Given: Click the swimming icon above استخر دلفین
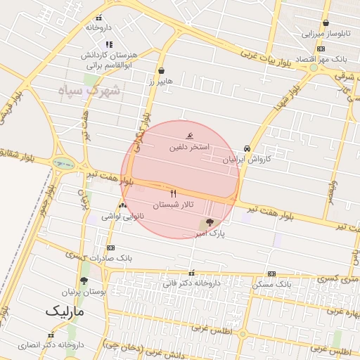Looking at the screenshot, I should tap(189, 136).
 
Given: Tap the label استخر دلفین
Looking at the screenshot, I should tap(189, 148).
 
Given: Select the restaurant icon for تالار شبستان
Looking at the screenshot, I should tap(174, 193).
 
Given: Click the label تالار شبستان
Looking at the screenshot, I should tap(173, 205).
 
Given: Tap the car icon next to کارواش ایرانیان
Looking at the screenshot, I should tap(247, 148).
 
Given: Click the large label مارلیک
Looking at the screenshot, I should tap(65, 310).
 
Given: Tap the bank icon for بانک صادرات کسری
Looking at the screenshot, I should tap(110, 247).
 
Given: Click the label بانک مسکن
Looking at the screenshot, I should tap(271, 284).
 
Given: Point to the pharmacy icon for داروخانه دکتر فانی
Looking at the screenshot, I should tap(191, 273).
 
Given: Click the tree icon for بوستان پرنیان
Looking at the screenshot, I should tap(84, 281).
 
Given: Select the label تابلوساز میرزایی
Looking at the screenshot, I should tap(325, 33).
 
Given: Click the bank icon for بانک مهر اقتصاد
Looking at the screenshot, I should tap(321, 49).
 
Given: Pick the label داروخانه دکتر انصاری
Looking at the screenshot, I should tap(71, 346).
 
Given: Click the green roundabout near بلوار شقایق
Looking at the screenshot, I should tap(63, 163).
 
